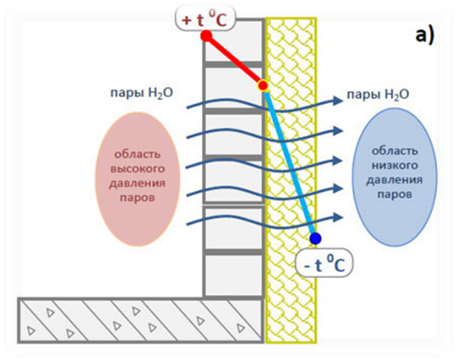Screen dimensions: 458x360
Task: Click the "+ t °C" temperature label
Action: coord(205,20)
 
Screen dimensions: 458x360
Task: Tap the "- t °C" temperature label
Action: coord(324,265)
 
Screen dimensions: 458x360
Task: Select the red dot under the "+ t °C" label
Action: coord(206,36)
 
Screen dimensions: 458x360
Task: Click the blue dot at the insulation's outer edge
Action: coord(315,239)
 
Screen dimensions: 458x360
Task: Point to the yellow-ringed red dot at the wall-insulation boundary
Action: coord(263,86)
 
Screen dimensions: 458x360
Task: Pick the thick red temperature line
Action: coord(235,61)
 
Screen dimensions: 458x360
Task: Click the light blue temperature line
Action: coord(289,162)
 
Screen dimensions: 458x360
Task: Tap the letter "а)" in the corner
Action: coord(425,35)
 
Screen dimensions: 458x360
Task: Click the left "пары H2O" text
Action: coord(141,93)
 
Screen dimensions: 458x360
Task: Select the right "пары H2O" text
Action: coord(377,95)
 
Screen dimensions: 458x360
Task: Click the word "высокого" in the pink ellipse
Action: coord(138,169)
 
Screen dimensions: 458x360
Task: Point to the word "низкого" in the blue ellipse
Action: coord(394,166)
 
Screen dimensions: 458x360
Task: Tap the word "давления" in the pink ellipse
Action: coord(138,184)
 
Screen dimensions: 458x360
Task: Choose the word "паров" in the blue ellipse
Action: coord(394,194)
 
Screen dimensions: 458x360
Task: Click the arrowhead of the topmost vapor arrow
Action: coord(338,101)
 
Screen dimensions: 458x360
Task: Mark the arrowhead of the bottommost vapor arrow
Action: coord(338,217)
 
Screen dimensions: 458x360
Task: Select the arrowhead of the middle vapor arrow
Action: coord(338,160)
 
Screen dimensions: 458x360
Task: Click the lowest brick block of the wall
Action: coord(233,275)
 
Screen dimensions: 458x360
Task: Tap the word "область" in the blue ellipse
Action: coord(394,151)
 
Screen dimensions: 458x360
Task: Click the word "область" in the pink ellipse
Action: coord(138,154)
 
